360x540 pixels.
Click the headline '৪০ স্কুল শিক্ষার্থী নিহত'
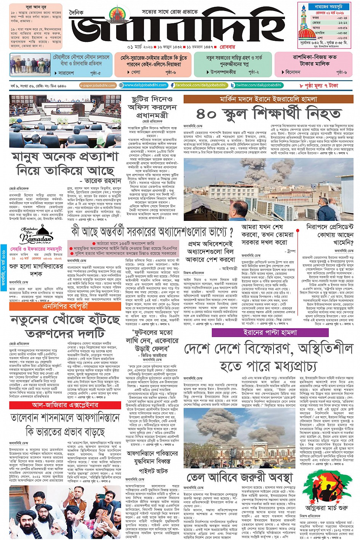(269, 113)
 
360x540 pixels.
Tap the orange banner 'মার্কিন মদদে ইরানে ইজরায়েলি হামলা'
(269, 99)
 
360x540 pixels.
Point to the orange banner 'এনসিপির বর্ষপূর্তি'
(65, 306)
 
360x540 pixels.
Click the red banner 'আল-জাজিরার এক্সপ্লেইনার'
(65, 405)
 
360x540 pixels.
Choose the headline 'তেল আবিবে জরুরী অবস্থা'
(240, 478)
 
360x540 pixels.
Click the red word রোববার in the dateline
(227, 47)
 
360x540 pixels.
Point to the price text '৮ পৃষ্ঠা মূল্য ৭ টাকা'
(318, 86)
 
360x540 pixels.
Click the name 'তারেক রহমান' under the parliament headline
(103, 181)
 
